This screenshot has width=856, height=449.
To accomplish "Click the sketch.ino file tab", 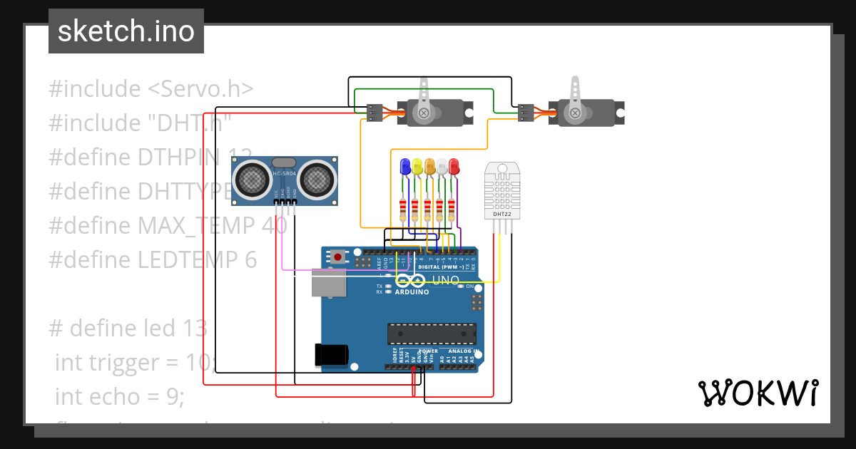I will [x=126, y=31].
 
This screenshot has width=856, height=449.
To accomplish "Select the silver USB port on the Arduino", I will [x=328, y=282].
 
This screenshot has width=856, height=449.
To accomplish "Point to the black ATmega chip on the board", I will [x=432, y=333].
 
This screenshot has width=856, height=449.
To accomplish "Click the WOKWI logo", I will [x=758, y=393].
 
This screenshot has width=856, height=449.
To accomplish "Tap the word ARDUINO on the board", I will [x=412, y=292].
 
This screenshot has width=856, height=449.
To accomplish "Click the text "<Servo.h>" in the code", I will [x=200, y=89].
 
